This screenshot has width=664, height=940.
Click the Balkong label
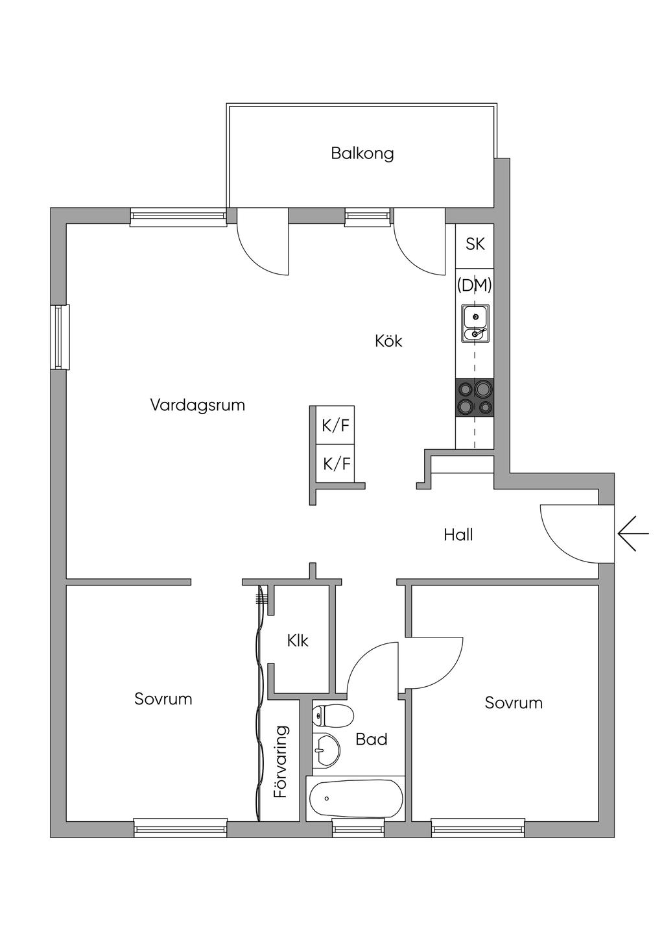click(362, 154)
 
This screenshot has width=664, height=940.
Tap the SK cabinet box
click(475, 245)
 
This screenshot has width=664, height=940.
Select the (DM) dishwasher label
click(475, 285)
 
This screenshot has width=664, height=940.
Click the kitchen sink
click(475, 324)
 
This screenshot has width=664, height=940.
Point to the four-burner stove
click(475, 397)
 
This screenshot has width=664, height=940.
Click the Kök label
click(388, 341)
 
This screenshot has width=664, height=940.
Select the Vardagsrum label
click(197, 406)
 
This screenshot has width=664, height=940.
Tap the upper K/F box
click(335, 426)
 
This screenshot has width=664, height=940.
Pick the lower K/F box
click(336, 464)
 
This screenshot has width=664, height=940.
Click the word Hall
click(458, 535)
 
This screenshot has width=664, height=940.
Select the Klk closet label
click(298, 641)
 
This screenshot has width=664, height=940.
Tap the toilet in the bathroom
click(332, 716)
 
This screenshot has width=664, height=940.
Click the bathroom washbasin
click(327, 751)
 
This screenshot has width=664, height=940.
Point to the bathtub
click(355, 799)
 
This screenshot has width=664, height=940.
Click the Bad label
click(372, 739)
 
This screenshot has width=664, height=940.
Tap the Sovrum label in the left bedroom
click(163, 699)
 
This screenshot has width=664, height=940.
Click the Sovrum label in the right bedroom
click(513, 703)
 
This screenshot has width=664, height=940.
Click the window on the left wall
click(60, 337)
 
